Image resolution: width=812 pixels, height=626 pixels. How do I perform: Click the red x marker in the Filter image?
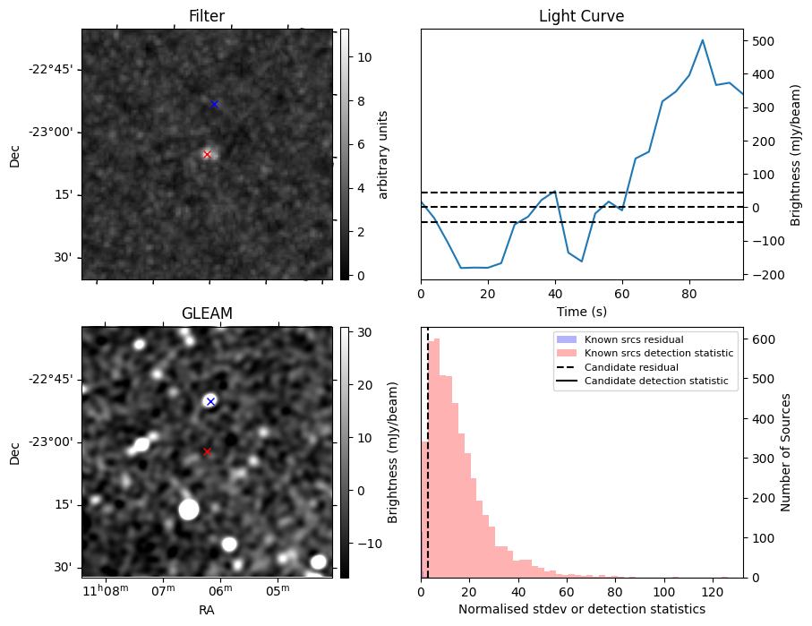click(207, 154)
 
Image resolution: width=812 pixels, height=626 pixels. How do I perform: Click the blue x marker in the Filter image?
click(214, 105)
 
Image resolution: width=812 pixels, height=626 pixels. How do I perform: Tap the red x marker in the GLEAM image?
click(207, 451)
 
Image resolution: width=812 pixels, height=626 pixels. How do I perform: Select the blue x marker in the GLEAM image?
click(210, 401)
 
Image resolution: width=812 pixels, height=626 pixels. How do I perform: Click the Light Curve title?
click(581, 16)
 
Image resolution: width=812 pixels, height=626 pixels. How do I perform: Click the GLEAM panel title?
click(206, 313)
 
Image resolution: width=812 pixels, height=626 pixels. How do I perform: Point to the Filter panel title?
click(206, 16)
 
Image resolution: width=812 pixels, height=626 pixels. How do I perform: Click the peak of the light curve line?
click(703, 40)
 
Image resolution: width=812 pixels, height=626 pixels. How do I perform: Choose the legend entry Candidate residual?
click(626, 368)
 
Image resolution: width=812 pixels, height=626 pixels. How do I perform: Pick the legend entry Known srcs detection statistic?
click(658, 354)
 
